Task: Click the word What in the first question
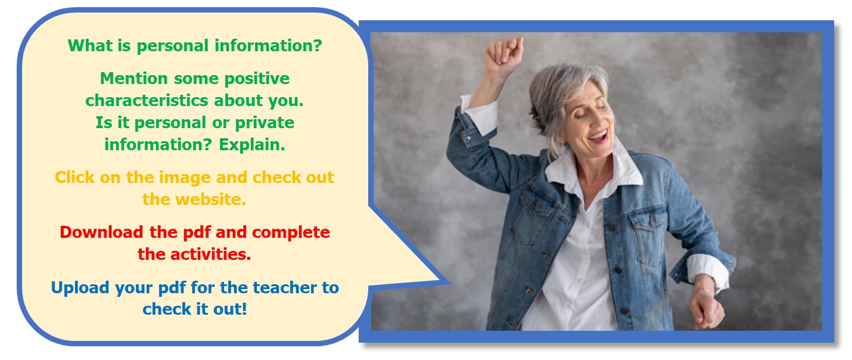click(91, 46)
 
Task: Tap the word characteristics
click(147, 101)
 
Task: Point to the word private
click(265, 123)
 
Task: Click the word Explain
click(252, 145)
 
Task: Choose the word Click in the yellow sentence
click(74, 178)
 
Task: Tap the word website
click(211, 200)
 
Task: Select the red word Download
click(101, 232)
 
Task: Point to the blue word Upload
click(80, 288)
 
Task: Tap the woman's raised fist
click(503, 56)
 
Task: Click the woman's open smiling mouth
click(598, 136)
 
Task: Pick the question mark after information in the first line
click(317, 46)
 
